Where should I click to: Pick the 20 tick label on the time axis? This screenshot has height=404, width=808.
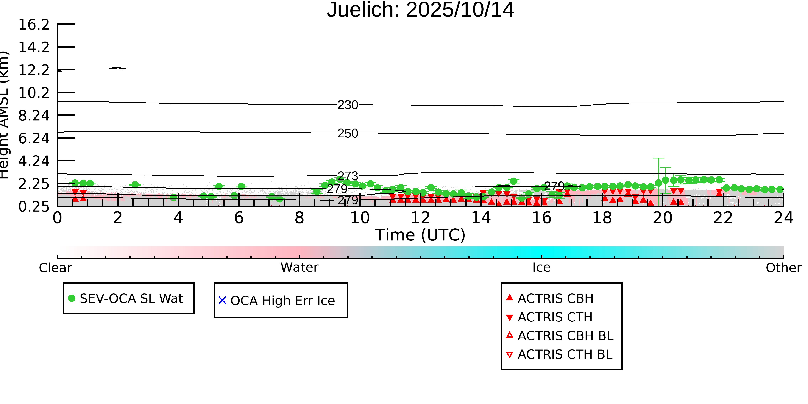663,218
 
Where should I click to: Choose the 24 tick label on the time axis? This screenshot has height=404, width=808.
783,218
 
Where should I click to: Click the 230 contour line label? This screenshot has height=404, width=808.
348,105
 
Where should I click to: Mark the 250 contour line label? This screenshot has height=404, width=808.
348,134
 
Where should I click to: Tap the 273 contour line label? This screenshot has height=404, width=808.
348,176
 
